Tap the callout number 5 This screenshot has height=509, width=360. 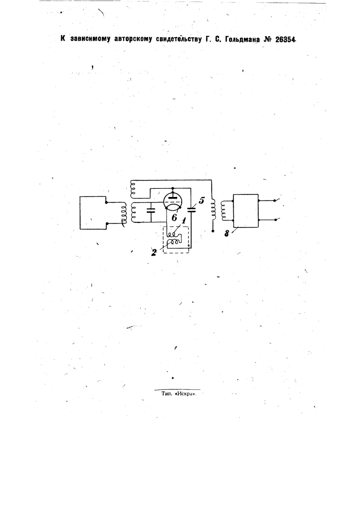[202, 200]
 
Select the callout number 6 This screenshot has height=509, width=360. [174, 217]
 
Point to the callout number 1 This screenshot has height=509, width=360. [184, 221]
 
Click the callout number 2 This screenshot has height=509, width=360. [154, 252]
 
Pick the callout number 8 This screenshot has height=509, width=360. [226, 233]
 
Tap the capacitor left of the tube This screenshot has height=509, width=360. [151, 210]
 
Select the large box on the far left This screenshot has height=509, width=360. [93, 213]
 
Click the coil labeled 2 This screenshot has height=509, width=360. [173, 242]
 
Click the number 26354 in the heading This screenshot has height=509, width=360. [286, 40]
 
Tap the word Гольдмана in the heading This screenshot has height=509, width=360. [241, 40]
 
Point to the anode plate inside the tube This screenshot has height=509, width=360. [173, 196]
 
